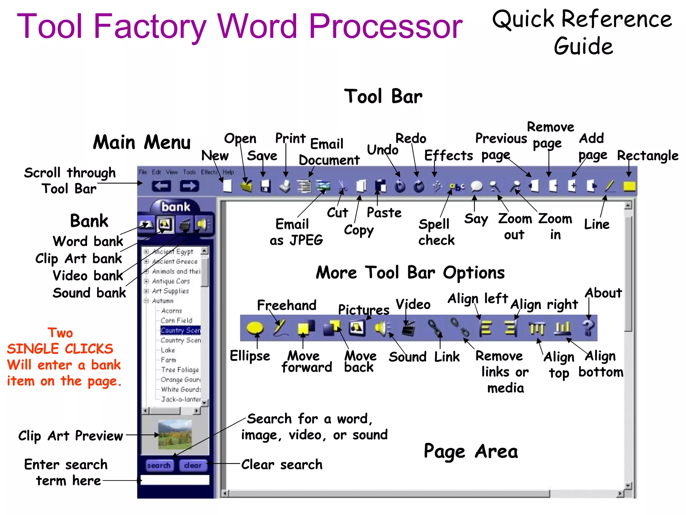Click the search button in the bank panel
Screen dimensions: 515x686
(159, 465)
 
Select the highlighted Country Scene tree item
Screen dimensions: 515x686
(181, 330)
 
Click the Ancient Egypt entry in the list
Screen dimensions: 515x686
(172, 251)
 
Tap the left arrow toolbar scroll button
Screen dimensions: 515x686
(161, 186)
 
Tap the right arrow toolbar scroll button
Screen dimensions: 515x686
(189, 186)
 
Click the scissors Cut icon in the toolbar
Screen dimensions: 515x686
(342, 186)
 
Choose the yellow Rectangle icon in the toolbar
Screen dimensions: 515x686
(629, 186)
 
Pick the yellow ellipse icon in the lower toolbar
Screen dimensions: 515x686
(255, 328)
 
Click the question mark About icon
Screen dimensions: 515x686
(588, 328)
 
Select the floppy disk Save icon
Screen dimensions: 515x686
(265, 186)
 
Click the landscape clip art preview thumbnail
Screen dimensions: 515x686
(175, 435)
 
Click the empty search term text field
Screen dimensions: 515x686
(175, 480)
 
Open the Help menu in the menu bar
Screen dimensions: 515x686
(228, 172)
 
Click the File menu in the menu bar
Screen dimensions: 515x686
(143, 172)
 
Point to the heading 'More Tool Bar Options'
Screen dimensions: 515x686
(410, 272)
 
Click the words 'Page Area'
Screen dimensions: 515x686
(471, 451)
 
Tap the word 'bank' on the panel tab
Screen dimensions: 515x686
(176, 207)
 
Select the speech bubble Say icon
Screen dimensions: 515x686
(476, 186)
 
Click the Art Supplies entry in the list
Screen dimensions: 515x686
(170, 291)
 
